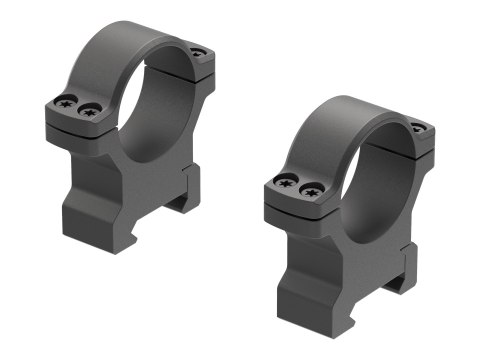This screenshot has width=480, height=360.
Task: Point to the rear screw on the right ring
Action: [417, 127]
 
